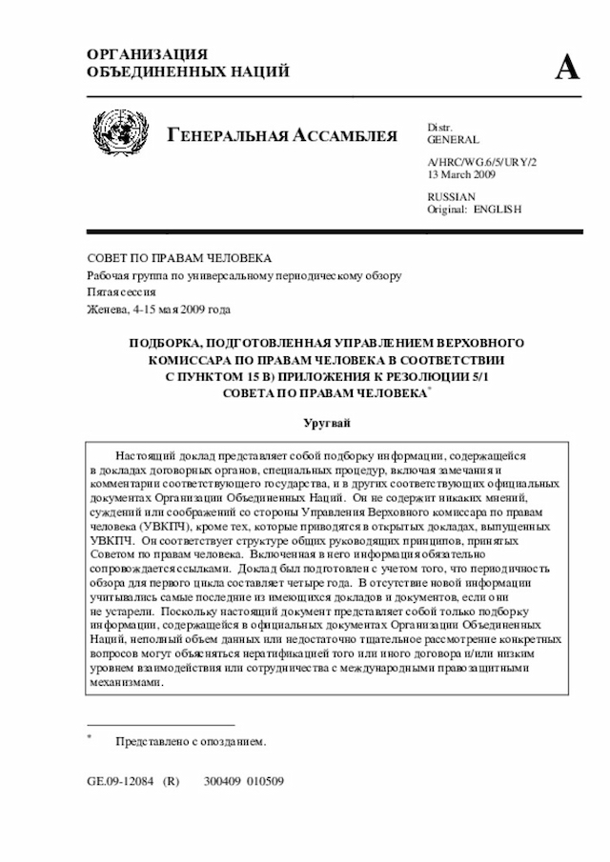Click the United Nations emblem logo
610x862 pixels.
121,133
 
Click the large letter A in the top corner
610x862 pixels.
567,68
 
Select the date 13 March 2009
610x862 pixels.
461,175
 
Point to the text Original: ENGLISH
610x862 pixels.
474,209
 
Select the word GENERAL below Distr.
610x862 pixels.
453,140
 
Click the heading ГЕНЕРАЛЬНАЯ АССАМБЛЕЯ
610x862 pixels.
282,135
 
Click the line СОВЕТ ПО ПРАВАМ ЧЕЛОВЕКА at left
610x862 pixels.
179,258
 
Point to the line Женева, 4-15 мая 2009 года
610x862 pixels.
158,310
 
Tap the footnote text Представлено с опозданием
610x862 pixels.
191,741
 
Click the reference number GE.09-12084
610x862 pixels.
123,780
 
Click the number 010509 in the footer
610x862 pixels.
265,780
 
